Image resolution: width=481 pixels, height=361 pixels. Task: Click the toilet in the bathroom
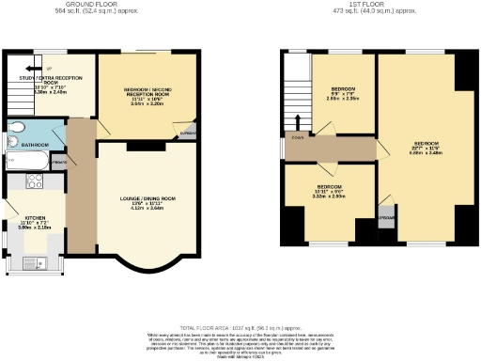coord(16,130)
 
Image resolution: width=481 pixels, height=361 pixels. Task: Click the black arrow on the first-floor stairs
coord(299,121)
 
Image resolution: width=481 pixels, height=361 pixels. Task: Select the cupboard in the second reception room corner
coord(188,132)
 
